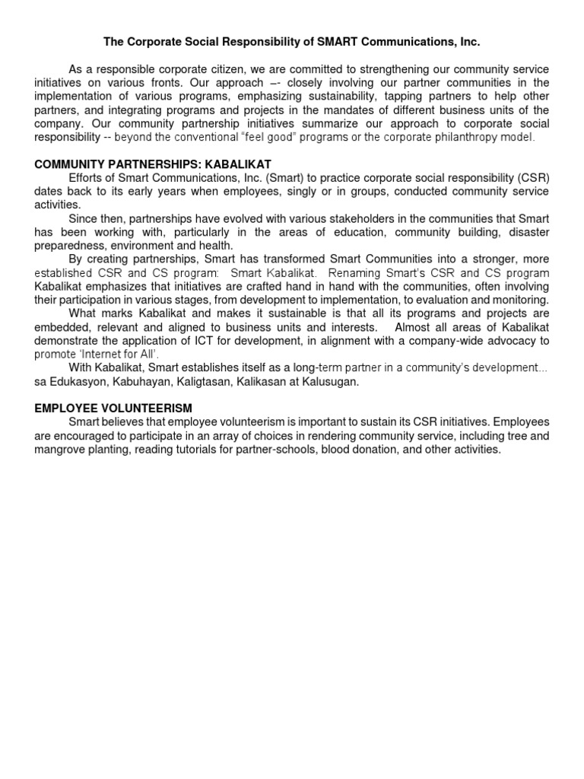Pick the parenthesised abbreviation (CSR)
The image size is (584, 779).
[532, 178]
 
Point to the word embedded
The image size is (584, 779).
[65, 327]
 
